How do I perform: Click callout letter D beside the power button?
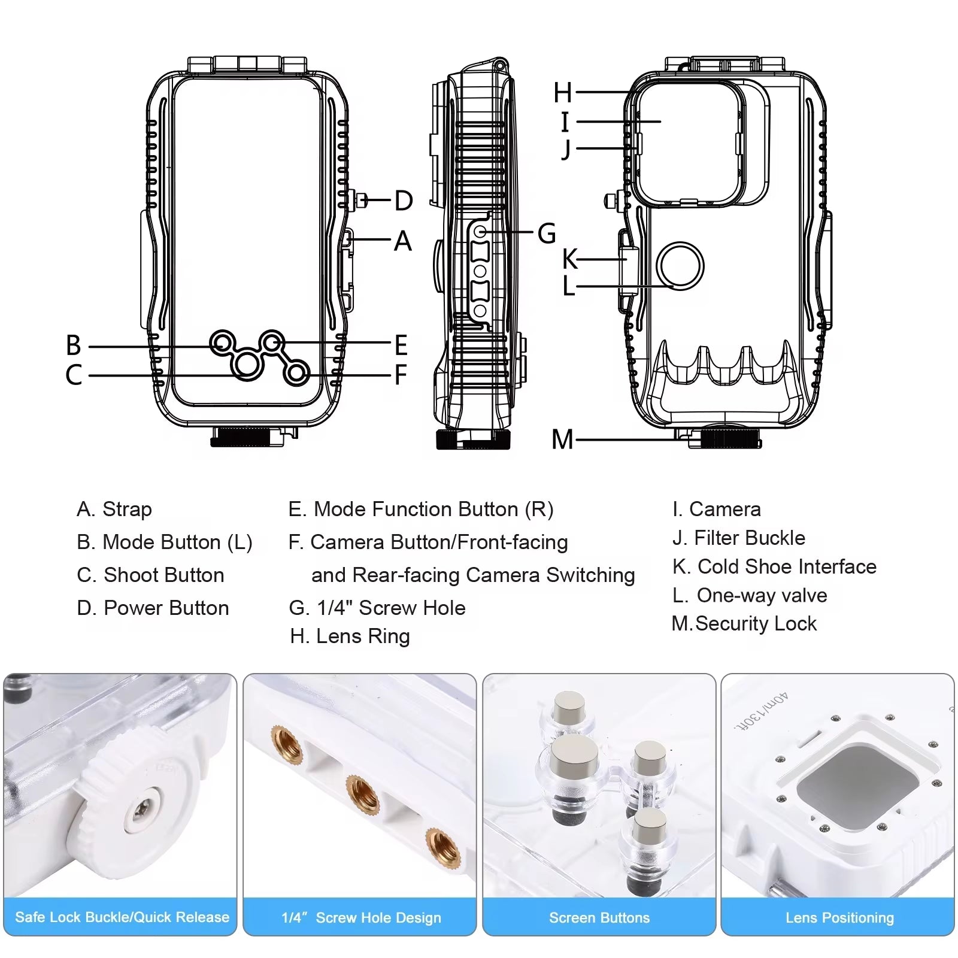404,201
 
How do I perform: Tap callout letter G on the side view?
546,233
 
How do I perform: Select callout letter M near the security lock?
562,439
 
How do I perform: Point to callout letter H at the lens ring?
562,93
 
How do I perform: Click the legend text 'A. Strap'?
114,509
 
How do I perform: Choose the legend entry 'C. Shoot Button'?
150,575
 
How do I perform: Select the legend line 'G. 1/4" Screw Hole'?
377,608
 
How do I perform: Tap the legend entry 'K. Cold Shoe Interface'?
774,566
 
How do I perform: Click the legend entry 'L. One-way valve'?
750,595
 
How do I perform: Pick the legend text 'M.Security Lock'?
744,623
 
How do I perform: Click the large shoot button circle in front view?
247,363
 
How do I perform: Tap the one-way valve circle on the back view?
680,266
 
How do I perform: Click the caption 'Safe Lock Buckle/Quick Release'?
122,917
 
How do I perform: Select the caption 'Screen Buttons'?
599,917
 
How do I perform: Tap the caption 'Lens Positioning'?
839,917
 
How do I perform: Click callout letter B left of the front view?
73,345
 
